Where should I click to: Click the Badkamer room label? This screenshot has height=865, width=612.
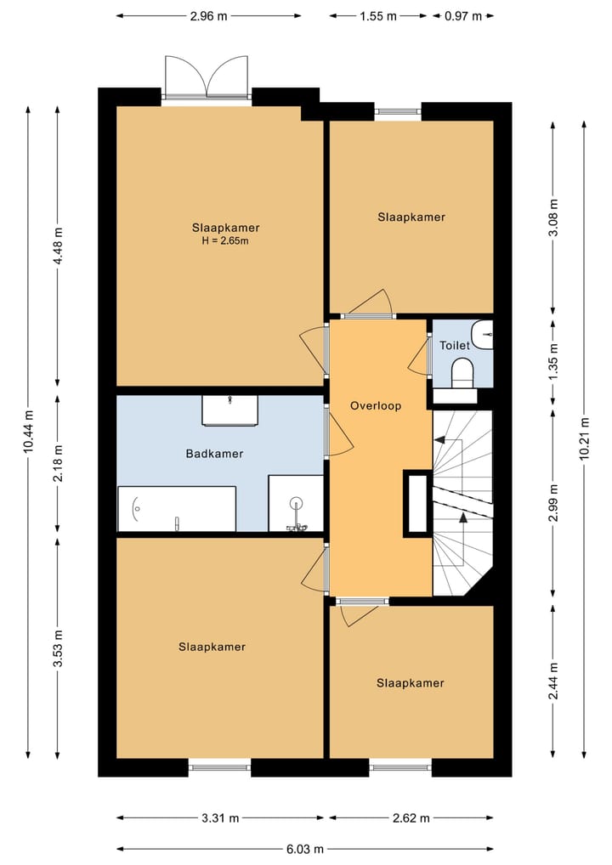tap(214, 454)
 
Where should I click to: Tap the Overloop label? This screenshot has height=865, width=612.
tap(376, 406)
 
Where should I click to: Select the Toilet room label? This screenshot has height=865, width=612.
tap(455, 345)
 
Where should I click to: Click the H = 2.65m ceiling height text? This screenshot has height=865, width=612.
tap(225, 240)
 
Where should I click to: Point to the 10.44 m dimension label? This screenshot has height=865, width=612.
tap(29, 432)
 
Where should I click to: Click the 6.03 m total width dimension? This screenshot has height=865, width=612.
tap(305, 849)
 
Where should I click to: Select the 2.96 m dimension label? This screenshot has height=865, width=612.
tap(208, 16)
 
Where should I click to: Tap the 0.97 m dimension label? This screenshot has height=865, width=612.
tap(463, 16)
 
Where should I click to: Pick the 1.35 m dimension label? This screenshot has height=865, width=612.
tap(554, 360)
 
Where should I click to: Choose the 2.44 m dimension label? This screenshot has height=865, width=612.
tap(554, 681)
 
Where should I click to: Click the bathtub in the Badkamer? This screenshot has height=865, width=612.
tap(177, 509)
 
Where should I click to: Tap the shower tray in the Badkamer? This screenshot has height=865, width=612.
tap(296, 503)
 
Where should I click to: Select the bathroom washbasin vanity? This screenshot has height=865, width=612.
tap(230, 410)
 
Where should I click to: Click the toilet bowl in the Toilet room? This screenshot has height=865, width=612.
tap(462, 372)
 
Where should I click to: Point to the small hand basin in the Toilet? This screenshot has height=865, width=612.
tap(483, 334)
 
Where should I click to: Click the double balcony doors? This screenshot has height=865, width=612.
tap(207, 77)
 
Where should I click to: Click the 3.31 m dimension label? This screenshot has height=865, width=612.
tap(220, 818)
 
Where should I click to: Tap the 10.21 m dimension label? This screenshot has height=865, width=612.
tap(585, 439)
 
